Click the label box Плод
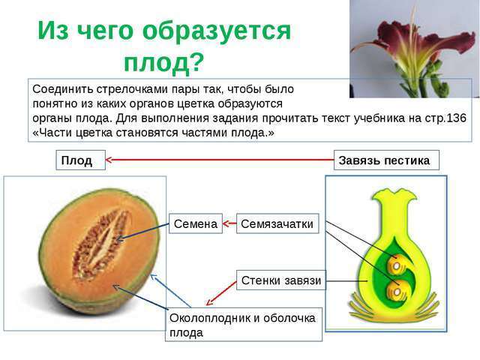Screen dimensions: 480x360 coord(80,160)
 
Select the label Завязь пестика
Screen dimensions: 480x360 coord(386,160)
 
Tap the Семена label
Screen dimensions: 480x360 coord(196,223)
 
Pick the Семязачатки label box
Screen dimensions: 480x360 coord(277,223)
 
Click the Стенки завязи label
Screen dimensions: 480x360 coord(281,280)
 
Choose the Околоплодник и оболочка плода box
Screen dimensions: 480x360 coord(244,325)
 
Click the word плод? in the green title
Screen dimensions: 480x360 coord(163,62)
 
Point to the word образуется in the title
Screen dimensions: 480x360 coord(217,31)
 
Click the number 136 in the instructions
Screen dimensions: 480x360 coord(457,118)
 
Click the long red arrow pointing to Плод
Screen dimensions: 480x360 coord(220,160)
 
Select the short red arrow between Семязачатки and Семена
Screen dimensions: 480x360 coord(229,223)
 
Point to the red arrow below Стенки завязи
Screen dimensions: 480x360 coord(221,293)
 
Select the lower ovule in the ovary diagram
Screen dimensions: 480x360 coord(396,291)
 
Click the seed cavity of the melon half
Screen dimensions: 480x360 coord(100,245)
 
